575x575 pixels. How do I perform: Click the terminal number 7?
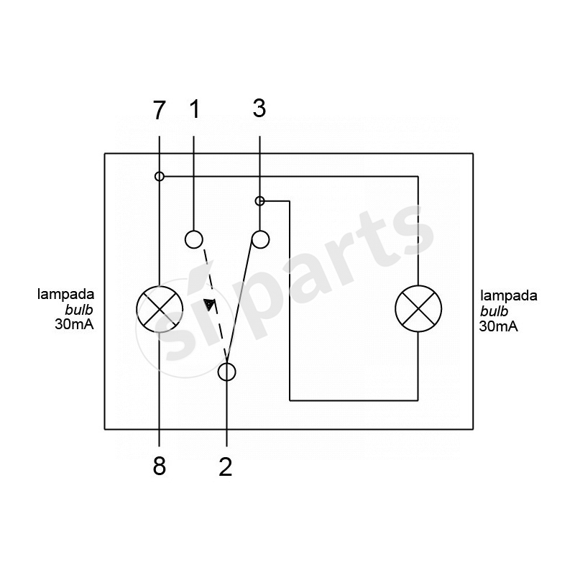(x=159, y=110)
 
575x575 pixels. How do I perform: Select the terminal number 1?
(x=194, y=109)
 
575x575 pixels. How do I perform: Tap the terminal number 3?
(x=259, y=109)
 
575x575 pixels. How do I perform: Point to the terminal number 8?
(x=159, y=466)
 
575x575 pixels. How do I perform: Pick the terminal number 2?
(x=226, y=466)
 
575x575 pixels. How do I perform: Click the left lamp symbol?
(x=160, y=309)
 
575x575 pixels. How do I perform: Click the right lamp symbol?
(x=418, y=309)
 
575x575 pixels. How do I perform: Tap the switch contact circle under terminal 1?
(x=193, y=239)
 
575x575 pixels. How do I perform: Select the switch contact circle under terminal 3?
(x=260, y=239)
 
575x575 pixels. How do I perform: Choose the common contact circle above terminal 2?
(x=226, y=372)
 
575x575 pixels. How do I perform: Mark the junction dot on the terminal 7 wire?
(x=159, y=176)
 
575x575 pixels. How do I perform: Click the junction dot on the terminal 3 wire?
(x=259, y=201)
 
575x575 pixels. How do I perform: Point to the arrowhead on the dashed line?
(x=209, y=304)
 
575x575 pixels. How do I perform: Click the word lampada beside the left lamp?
(x=66, y=294)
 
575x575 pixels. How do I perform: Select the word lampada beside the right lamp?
(x=509, y=295)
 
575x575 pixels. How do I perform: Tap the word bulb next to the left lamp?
(x=79, y=310)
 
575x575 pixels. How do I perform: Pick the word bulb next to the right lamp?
(x=494, y=311)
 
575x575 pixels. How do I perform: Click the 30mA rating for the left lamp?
(x=75, y=325)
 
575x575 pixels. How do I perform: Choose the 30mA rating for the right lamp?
(x=499, y=326)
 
